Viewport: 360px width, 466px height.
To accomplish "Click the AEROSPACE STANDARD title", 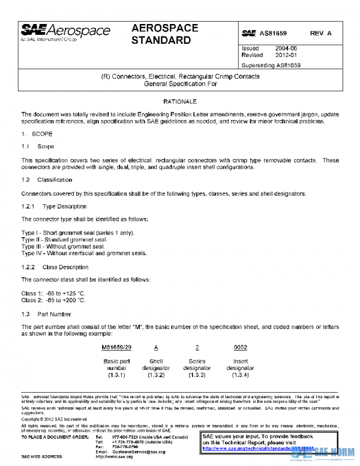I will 161,35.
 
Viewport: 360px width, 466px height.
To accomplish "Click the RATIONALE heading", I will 180,103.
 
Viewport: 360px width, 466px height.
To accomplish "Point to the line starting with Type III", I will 63,246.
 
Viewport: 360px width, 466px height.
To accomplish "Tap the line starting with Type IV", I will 84,253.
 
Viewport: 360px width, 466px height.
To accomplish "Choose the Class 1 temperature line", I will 53,293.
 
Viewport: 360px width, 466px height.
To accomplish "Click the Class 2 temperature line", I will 53,300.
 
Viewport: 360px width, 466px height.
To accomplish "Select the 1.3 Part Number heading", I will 46,314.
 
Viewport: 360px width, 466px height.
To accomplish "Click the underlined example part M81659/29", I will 116,347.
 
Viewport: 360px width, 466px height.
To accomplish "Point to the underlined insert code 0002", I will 240,347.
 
